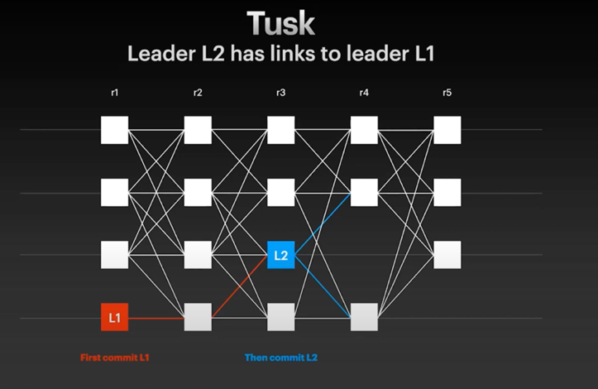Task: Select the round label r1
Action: point(114,93)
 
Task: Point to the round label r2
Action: point(198,93)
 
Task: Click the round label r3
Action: point(280,93)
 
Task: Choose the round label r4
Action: point(364,93)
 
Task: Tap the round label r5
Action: point(447,93)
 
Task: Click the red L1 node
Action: point(114,317)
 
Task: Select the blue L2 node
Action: point(280,255)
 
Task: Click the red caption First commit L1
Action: point(114,358)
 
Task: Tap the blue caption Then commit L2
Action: point(281,358)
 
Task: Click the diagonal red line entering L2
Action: point(240,286)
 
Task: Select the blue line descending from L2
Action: point(323,286)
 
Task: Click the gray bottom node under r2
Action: point(198,317)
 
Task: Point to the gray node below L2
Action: point(280,317)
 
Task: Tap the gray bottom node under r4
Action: point(364,317)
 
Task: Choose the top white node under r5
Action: point(447,130)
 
